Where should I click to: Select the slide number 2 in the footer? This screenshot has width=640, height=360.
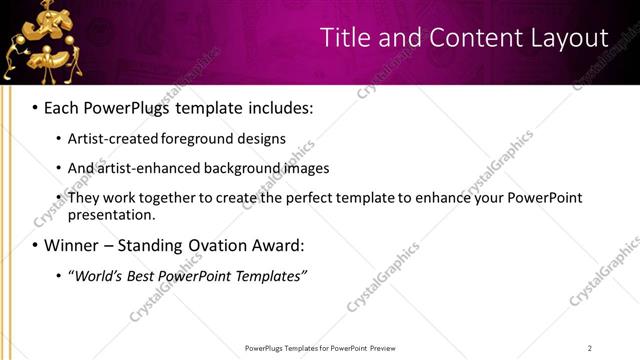click(x=590, y=348)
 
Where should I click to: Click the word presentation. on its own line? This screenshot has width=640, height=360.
click(x=111, y=214)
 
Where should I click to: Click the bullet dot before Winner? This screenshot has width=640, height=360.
click(x=35, y=245)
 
